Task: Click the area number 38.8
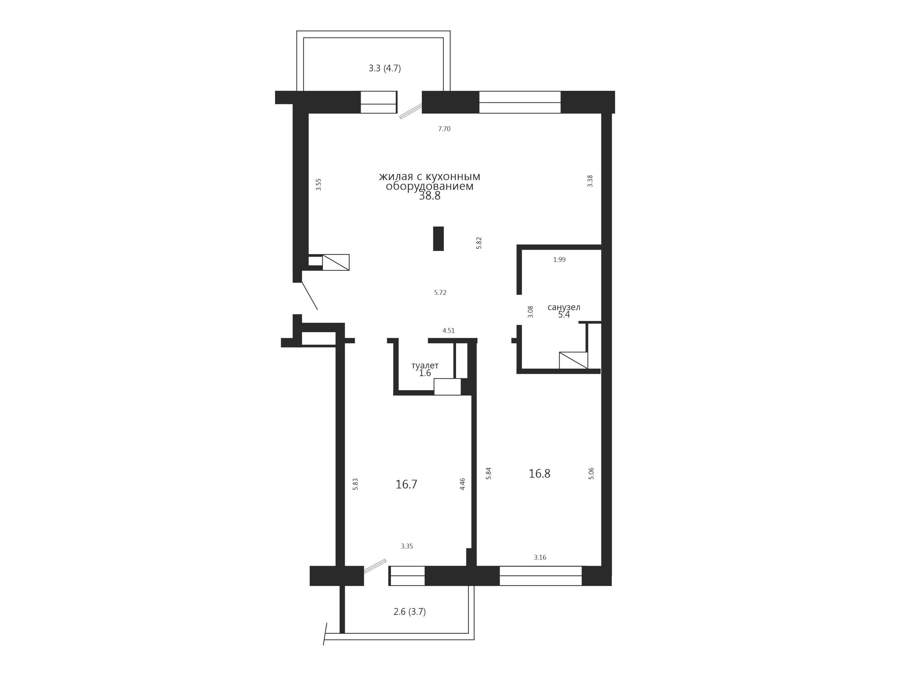click(x=429, y=196)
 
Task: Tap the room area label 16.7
click(x=406, y=485)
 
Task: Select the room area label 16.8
click(x=539, y=474)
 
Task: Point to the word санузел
click(x=564, y=307)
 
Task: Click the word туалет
click(x=425, y=366)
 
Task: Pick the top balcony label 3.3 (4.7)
click(x=385, y=68)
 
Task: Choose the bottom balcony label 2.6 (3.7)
click(x=410, y=612)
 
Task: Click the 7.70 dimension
click(x=444, y=129)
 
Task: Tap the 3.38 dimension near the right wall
click(x=590, y=181)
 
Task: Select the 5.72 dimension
click(x=440, y=292)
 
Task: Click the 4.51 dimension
click(x=448, y=331)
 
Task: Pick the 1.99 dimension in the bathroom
click(x=559, y=260)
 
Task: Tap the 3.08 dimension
click(x=531, y=312)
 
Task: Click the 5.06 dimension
click(x=591, y=473)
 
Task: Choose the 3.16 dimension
click(x=540, y=557)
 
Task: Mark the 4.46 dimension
click(x=462, y=484)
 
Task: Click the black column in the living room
click(x=438, y=238)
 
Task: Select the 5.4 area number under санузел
click(x=564, y=315)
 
